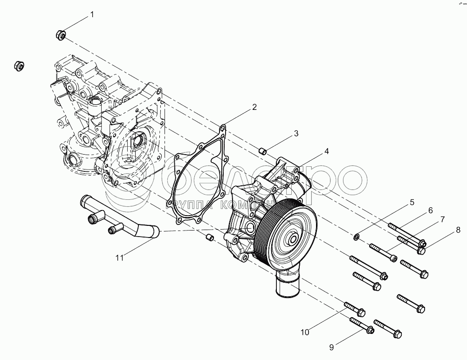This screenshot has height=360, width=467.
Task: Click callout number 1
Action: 92,14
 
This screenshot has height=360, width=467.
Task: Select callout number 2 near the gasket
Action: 254,107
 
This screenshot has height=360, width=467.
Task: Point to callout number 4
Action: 327,151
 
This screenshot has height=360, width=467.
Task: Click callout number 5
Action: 412,202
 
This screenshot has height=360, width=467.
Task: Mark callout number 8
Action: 458,229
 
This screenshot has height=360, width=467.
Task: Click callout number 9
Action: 331,347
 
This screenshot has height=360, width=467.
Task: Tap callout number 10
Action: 305,332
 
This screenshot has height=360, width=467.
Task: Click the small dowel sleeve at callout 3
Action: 263,150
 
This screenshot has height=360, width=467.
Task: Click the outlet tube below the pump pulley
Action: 287,285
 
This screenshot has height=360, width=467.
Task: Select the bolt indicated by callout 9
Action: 362,326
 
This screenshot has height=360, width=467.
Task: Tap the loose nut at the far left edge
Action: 19,65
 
